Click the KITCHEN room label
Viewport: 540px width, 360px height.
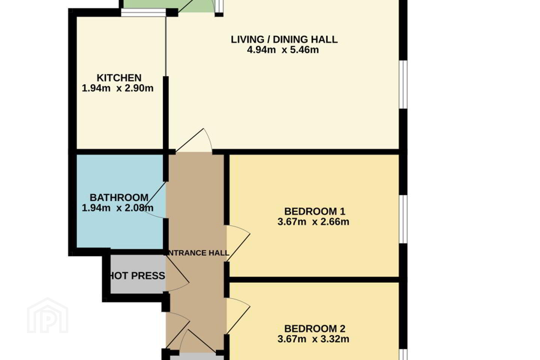(x=119, y=78)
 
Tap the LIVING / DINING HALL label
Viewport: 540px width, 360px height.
(x=284, y=39)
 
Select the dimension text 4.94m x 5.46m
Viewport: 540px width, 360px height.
(x=283, y=50)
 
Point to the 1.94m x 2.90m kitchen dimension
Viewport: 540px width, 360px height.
(x=118, y=88)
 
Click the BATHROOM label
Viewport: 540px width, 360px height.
(x=119, y=198)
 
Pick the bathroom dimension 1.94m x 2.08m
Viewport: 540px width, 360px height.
(x=118, y=208)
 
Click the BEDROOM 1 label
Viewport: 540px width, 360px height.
(x=315, y=211)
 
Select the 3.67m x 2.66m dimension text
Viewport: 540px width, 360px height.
(x=313, y=222)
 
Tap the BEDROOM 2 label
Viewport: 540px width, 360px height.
(x=315, y=328)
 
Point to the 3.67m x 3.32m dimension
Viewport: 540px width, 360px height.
(x=313, y=339)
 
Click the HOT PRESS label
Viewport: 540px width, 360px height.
(x=137, y=276)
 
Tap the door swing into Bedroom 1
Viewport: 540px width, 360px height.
(x=238, y=243)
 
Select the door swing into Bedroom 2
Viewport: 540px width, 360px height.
(x=238, y=316)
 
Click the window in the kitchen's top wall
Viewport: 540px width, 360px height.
(x=143, y=12)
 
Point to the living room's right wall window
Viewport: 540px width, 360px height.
(x=403, y=84)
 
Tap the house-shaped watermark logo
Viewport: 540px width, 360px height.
(x=48, y=315)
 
